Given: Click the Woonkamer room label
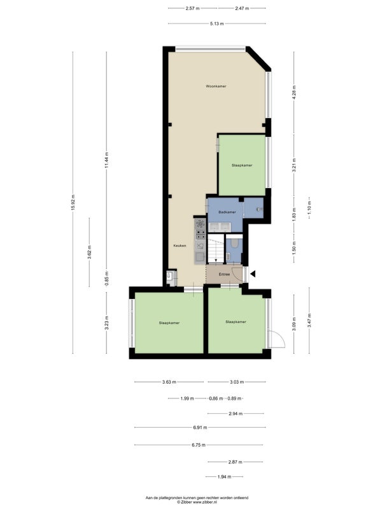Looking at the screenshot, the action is click(216, 87).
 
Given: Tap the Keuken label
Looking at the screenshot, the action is click(180, 246).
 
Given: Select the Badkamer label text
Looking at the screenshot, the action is click(227, 212).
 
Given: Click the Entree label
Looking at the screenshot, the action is click(224, 275).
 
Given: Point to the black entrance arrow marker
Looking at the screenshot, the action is click(253, 274).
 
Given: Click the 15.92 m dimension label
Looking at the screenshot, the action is click(73, 203).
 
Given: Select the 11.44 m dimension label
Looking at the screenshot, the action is click(106, 161).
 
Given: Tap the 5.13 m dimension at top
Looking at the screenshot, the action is click(216, 24).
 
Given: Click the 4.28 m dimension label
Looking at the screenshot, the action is click(294, 92).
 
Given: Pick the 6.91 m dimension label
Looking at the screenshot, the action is click(200, 428).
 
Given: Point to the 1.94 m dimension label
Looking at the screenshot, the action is click(224, 477).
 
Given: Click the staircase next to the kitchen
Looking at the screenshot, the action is click(216, 249).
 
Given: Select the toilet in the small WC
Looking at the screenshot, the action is click(234, 244).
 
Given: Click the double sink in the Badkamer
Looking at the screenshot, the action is click(220, 227).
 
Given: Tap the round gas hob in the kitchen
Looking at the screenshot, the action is click(201, 224).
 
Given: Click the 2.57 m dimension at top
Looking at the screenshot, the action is click(192, 8).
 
